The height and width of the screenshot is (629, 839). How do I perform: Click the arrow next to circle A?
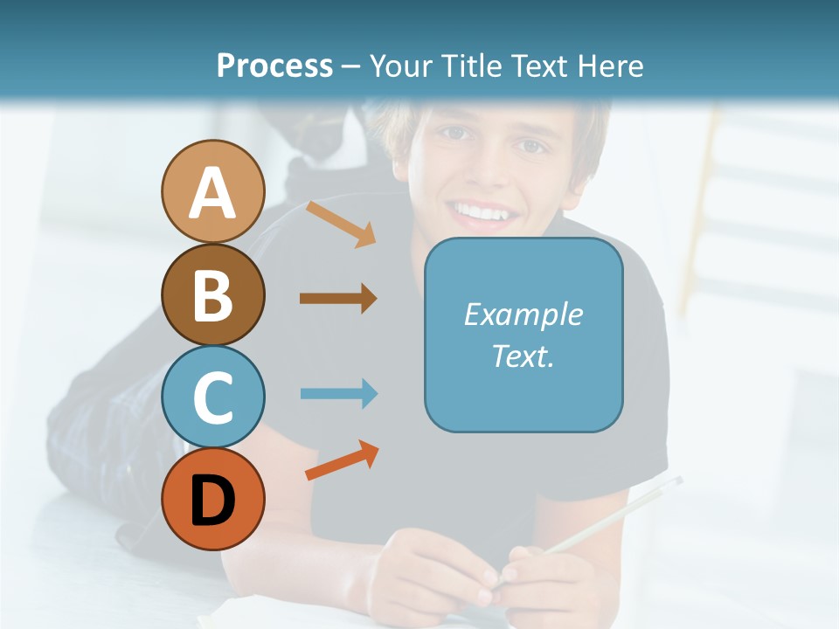click(x=341, y=224)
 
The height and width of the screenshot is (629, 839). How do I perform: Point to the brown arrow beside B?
click(x=338, y=298)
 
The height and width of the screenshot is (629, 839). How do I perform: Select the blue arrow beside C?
click(x=338, y=393)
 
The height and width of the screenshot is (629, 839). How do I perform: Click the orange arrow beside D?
click(x=342, y=460)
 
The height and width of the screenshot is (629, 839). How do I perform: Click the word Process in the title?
click(x=274, y=66)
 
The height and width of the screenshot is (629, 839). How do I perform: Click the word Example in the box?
click(x=523, y=314)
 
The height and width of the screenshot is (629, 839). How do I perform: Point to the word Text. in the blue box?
click(x=523, y=356)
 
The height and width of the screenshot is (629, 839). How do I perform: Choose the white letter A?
click(x=212, y=193)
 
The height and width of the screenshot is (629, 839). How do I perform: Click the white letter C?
click(x=212, y=397)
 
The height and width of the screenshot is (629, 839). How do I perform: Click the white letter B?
click(x=212, y=295)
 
